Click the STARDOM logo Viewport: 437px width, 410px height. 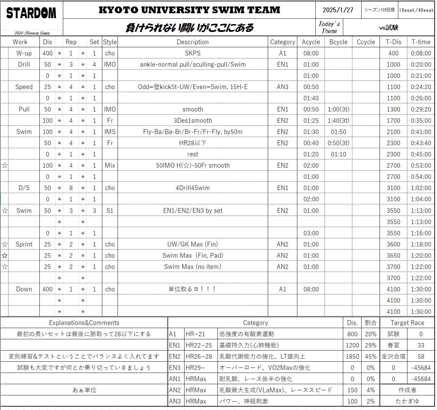coord(31,13)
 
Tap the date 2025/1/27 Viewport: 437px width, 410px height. coord(338,10)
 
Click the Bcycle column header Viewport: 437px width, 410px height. coord(338,42)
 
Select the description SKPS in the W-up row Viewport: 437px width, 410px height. coord(193,53)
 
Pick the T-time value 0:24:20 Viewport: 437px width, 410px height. coord(421,87)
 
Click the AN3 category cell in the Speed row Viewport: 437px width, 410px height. coord(282,87)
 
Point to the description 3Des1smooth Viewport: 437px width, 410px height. coord(193,121)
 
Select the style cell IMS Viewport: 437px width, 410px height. coord(110,132)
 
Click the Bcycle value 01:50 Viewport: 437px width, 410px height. coord(338,132)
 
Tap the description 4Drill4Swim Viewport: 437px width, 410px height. coord(193,188)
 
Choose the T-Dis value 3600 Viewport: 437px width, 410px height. coord(393,244)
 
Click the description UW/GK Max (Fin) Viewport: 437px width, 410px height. coord(193,244)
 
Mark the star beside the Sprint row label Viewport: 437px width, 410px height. coord(5,244)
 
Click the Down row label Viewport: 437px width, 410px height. coord(24,289)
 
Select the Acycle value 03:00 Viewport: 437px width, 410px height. coord(311,233)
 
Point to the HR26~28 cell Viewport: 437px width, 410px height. coord(200,357)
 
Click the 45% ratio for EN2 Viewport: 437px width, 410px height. coord(370,357)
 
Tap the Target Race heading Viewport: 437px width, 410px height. coord(407,323)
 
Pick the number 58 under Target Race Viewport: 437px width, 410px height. coord(421,357)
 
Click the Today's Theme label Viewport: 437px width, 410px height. coord(329,27)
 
